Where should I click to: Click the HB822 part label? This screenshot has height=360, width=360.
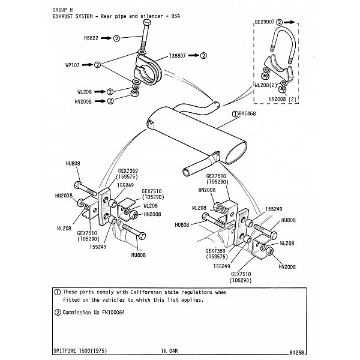(91, 38)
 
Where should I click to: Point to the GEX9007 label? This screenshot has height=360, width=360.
(265, 22)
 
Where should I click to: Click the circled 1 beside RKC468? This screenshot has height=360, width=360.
(234, 112)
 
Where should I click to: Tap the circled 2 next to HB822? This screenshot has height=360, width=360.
(117, 38)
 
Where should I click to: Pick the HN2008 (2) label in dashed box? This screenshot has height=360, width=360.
(284, 98)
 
